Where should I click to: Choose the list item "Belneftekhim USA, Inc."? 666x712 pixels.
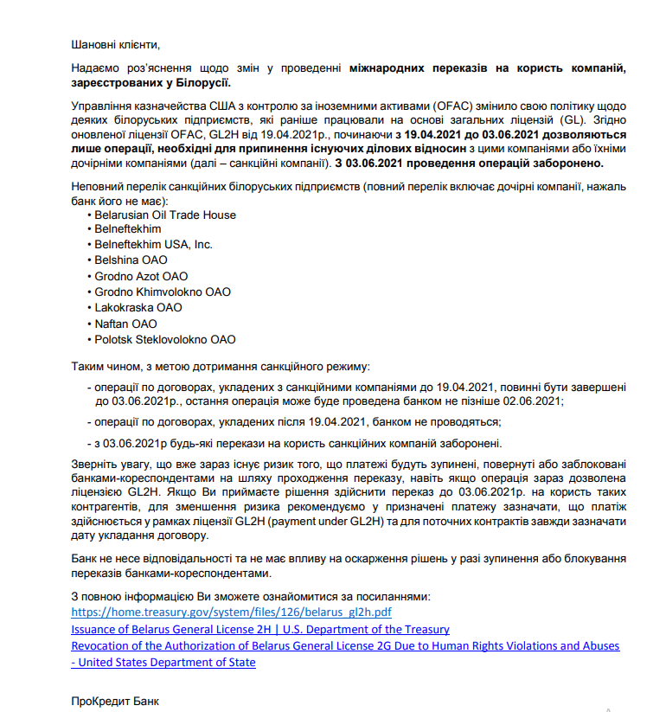(x=154, y=245)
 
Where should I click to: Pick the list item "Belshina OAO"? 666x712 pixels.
(x=131, y=260)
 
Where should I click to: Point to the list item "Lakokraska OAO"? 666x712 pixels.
(x=138, y=307)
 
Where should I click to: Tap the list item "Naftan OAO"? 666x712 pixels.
(x=125, y=324)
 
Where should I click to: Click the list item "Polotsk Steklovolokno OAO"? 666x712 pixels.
(x=165, y=339)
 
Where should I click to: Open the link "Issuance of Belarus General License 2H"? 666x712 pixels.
(x=259, y=630)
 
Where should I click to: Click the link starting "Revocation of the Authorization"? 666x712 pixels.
(x=345, y=646)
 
